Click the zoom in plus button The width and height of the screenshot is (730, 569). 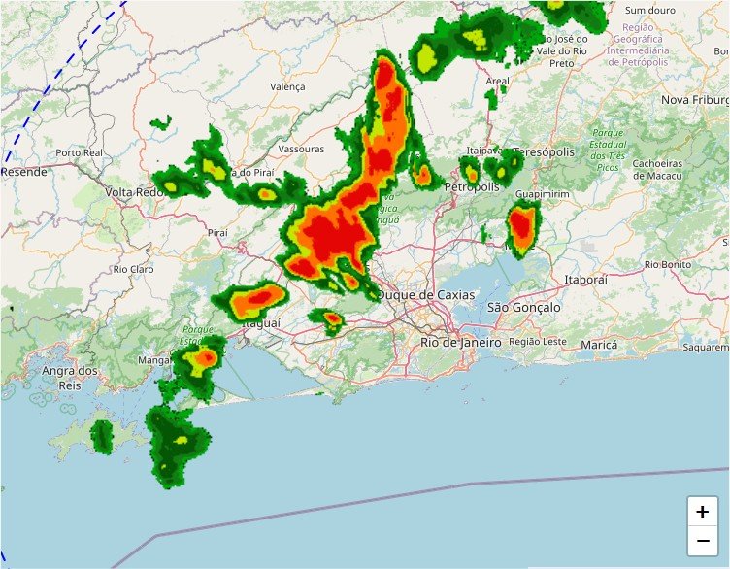pos(702,511)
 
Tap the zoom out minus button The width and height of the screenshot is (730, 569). pos(702,540)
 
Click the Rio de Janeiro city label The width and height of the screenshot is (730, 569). pos(461,342)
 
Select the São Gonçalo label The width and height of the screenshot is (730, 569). pos(523,307)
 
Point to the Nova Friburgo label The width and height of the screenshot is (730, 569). pos(695,100)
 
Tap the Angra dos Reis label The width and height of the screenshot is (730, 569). pos(70,378)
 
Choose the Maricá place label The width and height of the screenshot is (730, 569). pos(599,345)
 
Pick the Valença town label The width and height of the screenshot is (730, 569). pos(287,86)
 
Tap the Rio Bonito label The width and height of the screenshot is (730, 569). pos(668,263)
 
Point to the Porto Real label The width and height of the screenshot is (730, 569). pos(80,152)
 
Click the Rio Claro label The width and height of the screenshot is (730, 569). pos(134,269)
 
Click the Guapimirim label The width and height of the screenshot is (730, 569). pos(542,194)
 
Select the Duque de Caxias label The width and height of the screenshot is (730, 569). pos(427,294)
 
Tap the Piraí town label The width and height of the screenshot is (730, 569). pos(217,233)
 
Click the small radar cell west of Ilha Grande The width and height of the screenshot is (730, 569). pos(102,436)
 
